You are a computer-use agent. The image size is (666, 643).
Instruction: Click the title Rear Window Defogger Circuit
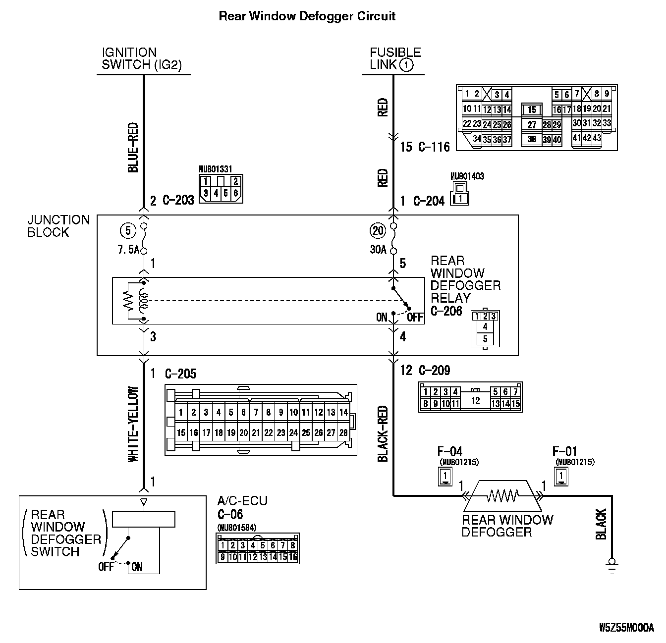pos(307,16)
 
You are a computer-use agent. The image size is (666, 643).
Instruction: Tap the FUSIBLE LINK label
pos(394,58)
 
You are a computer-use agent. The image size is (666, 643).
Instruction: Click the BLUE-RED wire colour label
pos(133,148)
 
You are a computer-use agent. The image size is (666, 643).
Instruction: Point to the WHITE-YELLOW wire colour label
pos(133,425)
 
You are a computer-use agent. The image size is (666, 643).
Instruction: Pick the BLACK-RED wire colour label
pos(383,434)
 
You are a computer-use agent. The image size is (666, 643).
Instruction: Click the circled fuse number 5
pos(128,230)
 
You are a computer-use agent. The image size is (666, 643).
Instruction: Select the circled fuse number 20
pos(378,230)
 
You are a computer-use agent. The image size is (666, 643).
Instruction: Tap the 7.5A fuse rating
pos(128,250)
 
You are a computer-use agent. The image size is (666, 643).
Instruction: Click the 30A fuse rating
pos(378,250)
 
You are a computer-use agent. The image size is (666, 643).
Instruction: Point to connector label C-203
pos(178,201)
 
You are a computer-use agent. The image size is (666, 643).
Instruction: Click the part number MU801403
pos(467,176)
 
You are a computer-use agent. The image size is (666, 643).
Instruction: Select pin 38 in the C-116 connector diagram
pos(532,140)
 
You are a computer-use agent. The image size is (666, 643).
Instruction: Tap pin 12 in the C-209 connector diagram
pos(475,400)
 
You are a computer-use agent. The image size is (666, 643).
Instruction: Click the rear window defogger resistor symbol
pos(502,495)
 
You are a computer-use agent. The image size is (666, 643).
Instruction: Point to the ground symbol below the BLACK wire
pos(612,564)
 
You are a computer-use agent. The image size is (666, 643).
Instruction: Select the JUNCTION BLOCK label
pos(58,226)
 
